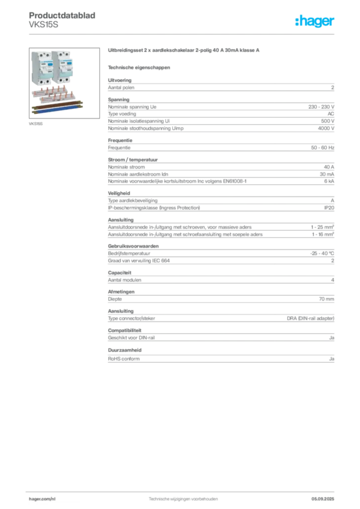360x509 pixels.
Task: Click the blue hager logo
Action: (316, 22)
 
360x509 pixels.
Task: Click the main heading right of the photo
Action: (184, 51)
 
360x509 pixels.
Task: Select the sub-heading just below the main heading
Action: (139, 67)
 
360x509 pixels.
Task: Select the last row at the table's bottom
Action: (220, 359)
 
